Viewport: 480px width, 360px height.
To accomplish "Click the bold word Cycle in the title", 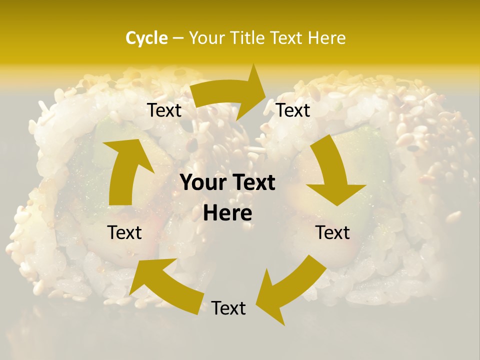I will (x=146, y=38).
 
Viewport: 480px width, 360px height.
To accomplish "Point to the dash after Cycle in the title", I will (x=178, y=38).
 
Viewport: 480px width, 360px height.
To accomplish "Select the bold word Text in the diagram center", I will (x=251, y=182).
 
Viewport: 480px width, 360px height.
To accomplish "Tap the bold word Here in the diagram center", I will (x=227, y=213).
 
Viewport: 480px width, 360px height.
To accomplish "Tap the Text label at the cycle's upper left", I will (x=164, y=110).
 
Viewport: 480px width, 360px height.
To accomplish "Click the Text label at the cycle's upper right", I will (x=293, y=110).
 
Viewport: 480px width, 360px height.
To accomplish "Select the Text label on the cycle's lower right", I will (x=332, y=232).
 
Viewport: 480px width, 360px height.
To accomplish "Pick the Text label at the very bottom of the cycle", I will (x=228, y=308).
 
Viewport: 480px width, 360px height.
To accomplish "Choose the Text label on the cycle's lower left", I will (x=124, y=232).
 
